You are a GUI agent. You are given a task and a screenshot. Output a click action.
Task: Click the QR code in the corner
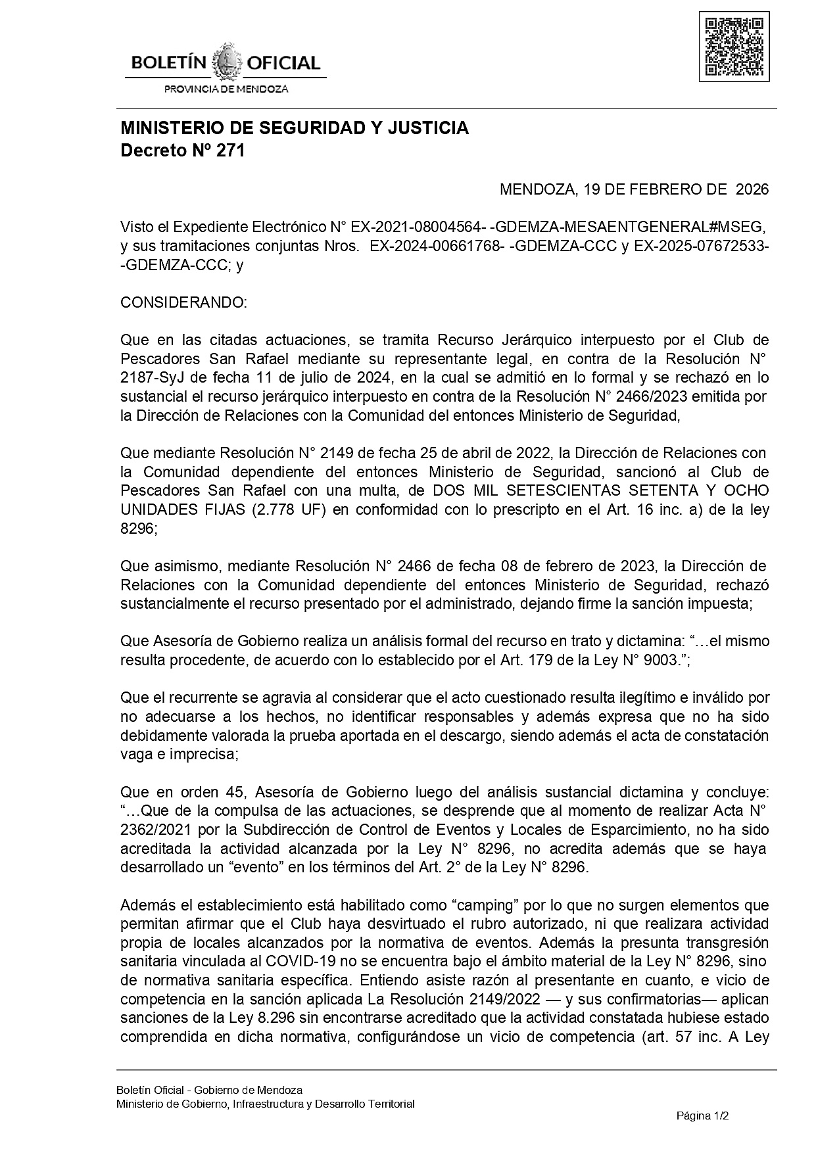(x=734, y=47)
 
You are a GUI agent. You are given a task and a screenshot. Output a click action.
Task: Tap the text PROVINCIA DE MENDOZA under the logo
(x=226, y=89)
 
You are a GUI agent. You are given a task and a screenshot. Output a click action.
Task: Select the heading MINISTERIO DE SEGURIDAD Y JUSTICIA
(x=294, y=128)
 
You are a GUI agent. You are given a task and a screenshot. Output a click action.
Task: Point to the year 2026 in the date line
(x=752, y=190)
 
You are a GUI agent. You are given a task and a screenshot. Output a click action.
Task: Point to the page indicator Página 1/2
(x=703, y=1116)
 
